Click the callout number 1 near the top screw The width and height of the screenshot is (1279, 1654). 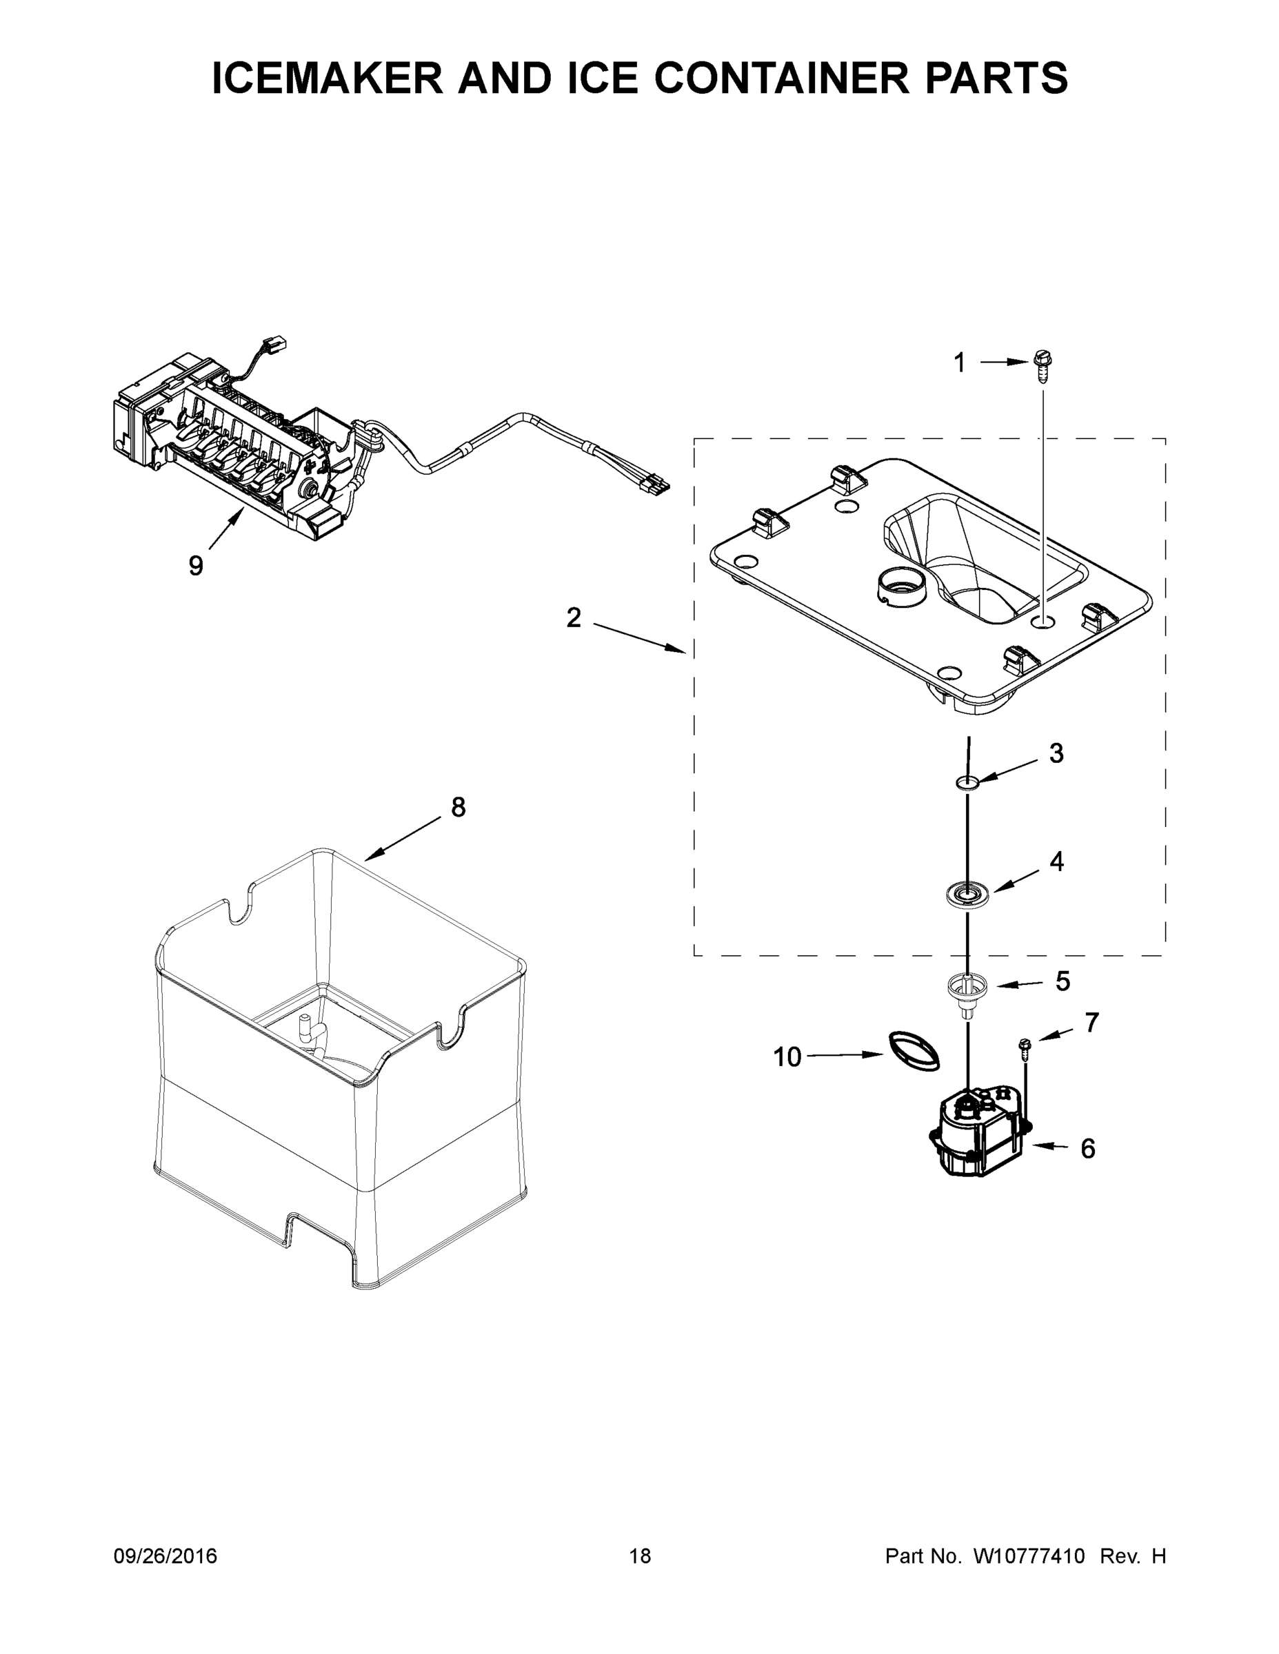pos(959,363)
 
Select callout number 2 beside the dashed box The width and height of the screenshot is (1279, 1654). pos(574,618)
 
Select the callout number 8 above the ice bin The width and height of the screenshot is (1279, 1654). pos(459,808)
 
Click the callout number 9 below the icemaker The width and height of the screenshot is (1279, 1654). pos(196,566)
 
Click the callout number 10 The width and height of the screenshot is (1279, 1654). pos(787,1057)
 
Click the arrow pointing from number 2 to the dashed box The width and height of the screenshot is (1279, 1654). pos(641,637)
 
